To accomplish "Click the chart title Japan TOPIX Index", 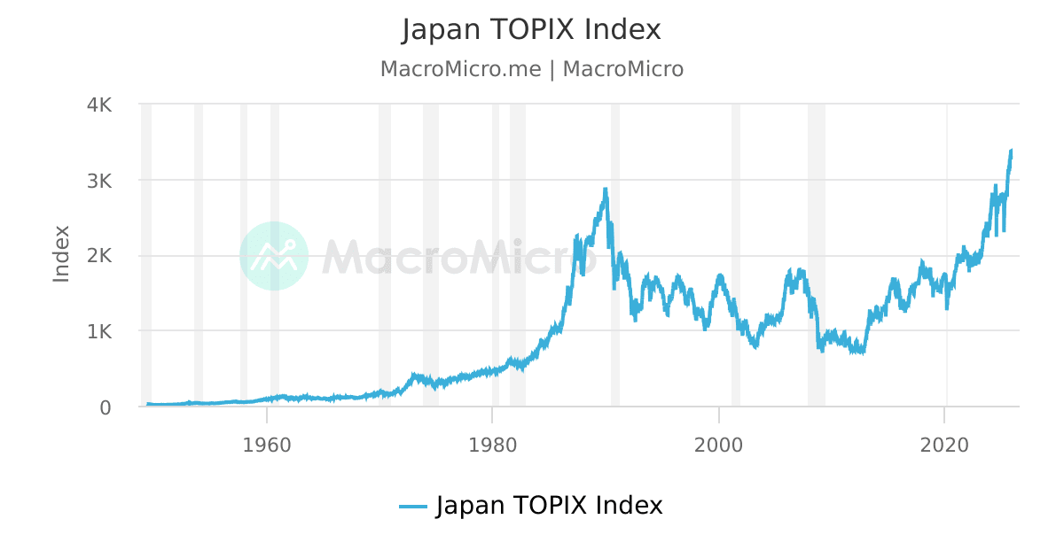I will click(x=531, y=29).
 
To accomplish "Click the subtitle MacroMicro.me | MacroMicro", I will click(x=531, y=69).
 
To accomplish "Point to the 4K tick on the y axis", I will click(x=98, y=105).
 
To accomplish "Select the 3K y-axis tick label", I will click(x=98, y=181).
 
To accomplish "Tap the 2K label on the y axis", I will click(x=98, y=256).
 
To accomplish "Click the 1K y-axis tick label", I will click(x=98, y=332).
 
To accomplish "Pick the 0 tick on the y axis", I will click(x=106, y=407).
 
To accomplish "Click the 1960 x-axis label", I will click(x=267, y=444).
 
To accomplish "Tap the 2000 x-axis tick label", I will click(x=719, y=444).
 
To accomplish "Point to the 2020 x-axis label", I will click(x=945, y=444).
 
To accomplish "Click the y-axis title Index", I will click(x=61, y=254).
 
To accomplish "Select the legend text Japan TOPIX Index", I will click(x=549, y=506).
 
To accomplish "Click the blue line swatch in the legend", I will click(x=413, y=507).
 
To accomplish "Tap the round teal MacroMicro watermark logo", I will click(x=274, y=256).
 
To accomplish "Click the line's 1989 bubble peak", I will click(x=606, y=189).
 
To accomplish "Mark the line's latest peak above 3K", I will click(x=1011, y=151).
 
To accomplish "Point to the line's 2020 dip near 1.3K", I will click(x=948, y=307).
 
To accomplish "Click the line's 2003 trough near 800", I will click(x=755, y=346).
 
